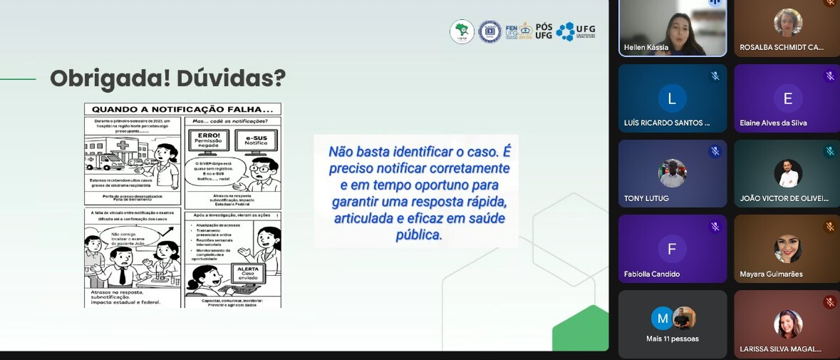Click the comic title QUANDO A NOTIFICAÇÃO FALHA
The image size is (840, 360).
(x=182, y=110)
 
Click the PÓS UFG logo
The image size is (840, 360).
(x=544, y=30)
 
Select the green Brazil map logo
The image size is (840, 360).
(x=462, y=32)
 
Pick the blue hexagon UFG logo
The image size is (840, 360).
(x=565, y=31)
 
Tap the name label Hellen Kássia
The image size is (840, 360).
(x=645, y=47)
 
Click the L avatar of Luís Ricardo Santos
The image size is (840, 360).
(x=672, y=98)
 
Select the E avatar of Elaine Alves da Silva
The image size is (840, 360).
(x=787, y=98)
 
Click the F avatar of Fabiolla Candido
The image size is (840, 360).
(x=672, y=249)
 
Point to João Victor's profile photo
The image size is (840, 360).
(x=787, y=173)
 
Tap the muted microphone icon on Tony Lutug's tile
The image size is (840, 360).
(x=715, y=151)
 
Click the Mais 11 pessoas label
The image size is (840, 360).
(x=672, y=339)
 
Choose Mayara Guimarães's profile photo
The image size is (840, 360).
(x=787, y=249)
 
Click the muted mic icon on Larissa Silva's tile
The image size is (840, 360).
(x=830, y=302)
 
